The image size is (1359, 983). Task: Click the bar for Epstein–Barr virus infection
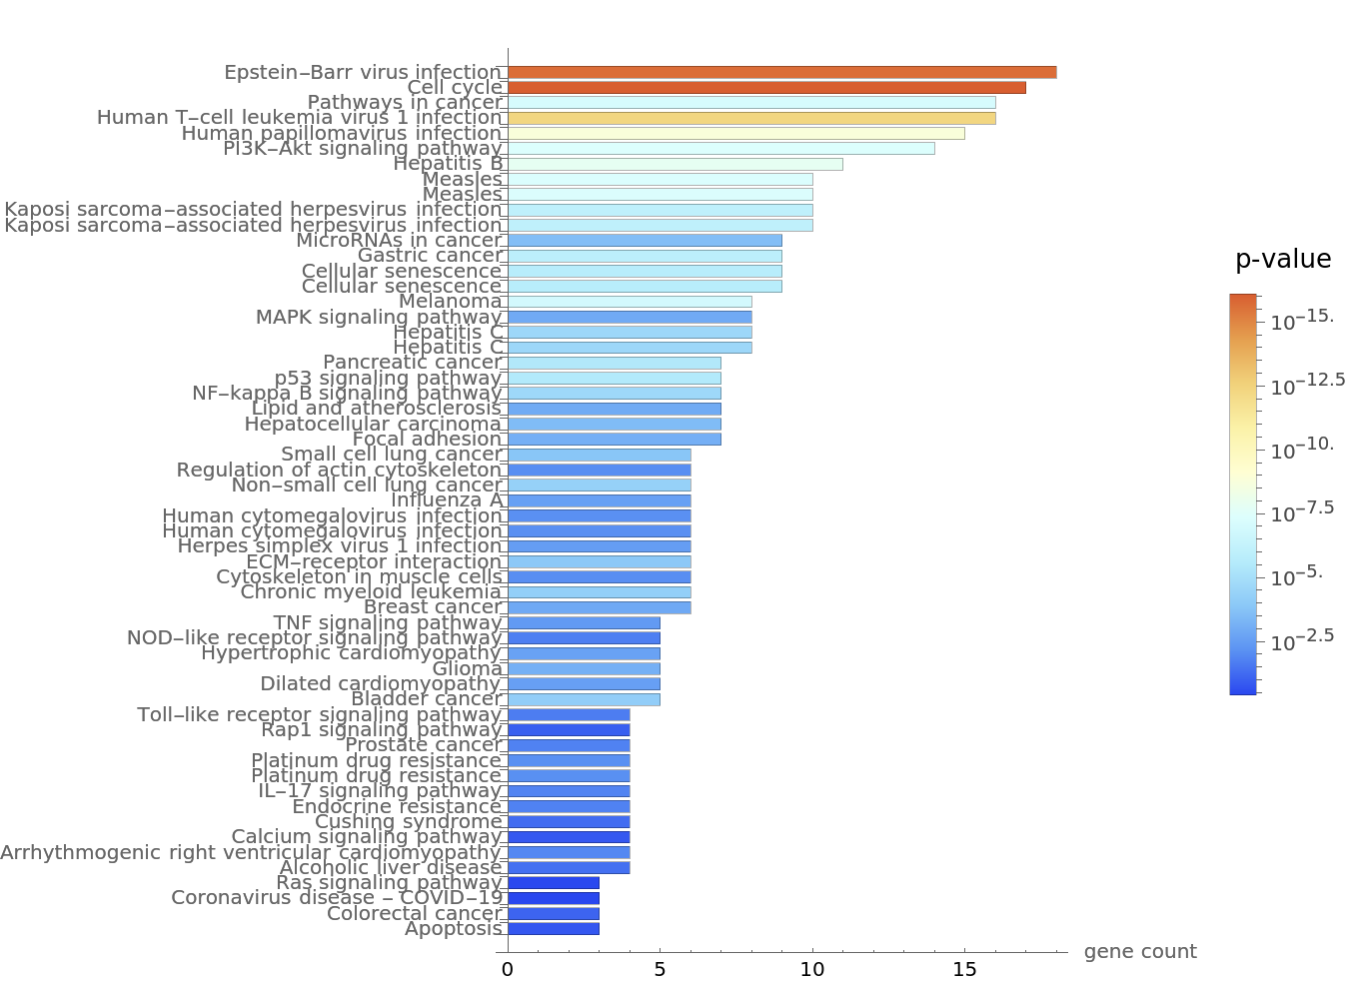[x=781, y=72]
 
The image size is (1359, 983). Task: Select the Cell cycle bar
[x=766, y=88]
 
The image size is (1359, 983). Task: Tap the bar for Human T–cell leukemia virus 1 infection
[x=751, y=118]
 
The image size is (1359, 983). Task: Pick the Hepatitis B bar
[x=676, y=164]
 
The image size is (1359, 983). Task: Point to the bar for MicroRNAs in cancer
[x=645, y=241]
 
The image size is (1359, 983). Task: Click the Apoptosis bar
[x=554, y=929]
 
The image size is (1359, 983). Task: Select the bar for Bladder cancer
[x=584, y=699]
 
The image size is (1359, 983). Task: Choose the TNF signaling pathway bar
[x=584, y=623]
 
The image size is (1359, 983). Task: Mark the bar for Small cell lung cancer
[x=599, y=455]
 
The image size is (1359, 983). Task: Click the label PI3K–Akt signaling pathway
[x=362, y=149]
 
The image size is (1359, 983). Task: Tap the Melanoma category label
[x=450, y=302]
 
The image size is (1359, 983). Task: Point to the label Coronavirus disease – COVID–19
[x=337, y=898]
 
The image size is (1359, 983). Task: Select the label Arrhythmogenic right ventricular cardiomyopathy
[x=250, y=852]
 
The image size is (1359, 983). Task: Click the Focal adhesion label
[x=427, y=440]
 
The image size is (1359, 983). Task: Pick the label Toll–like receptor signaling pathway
[x=319, y=714]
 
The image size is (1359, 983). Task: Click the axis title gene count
[x=1140, y=952]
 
